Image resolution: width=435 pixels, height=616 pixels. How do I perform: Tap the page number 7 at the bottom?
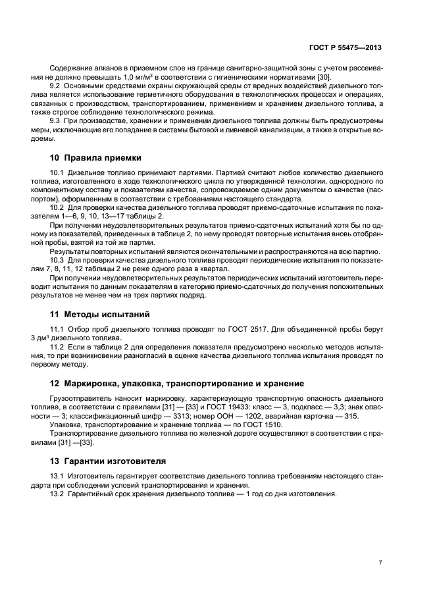[380, 562]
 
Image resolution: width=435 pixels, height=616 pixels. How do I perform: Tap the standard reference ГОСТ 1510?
[261, 424]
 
